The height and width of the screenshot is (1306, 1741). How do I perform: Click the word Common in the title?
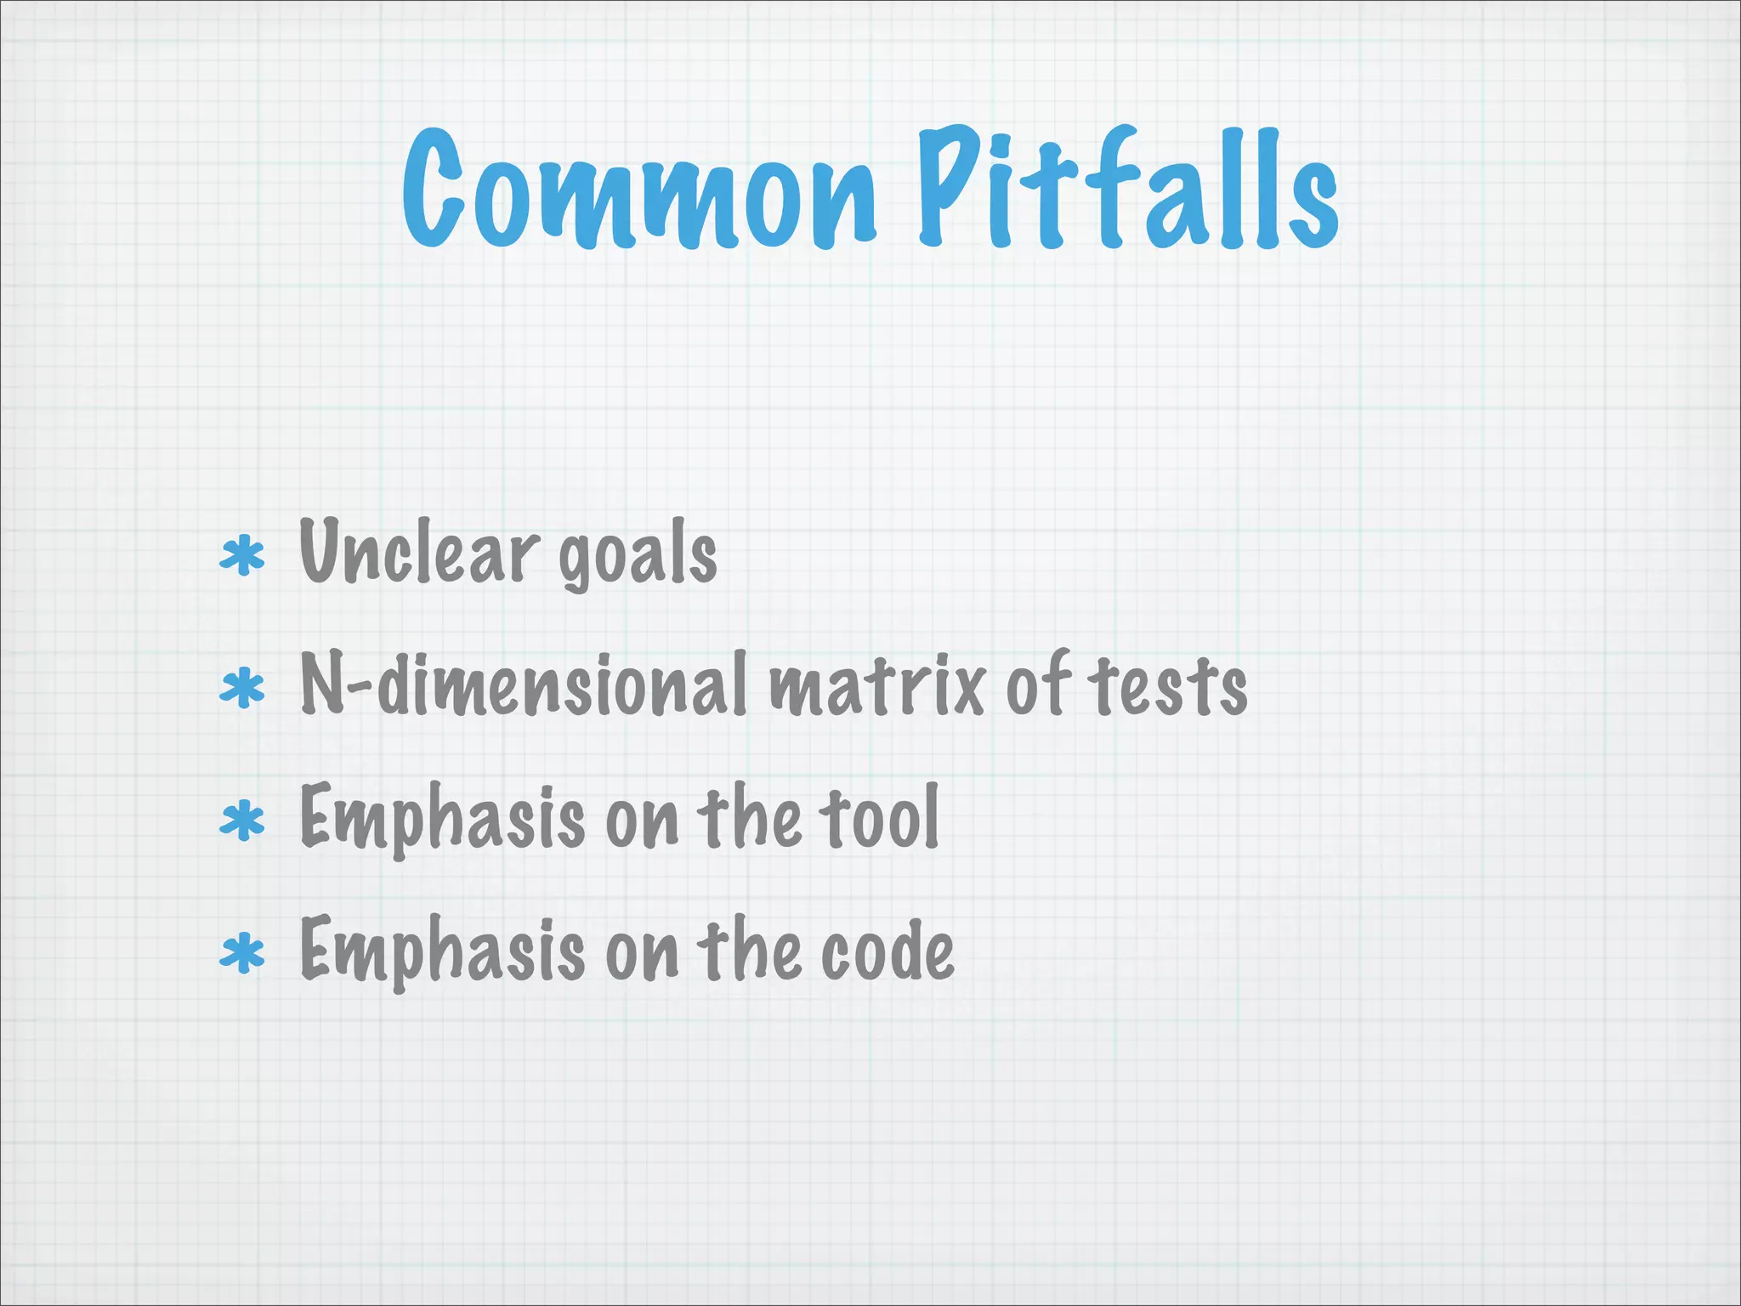pos(638,190)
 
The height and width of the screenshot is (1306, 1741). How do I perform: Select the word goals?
pos(638,557)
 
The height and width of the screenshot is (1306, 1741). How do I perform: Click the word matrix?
pos(877,687)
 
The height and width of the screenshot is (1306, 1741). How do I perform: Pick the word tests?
pos(1171,687)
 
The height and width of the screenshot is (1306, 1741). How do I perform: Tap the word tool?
pos(879,818)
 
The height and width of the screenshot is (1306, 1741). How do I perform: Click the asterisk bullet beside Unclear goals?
pos(242,558)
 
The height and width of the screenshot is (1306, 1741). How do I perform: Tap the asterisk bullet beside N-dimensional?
pos(242,689)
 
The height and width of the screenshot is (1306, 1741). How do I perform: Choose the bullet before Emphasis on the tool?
pos(242,821)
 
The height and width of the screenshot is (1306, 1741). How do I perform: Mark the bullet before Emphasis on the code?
pos(242,953)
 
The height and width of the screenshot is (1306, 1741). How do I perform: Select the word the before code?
pos(749,951)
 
